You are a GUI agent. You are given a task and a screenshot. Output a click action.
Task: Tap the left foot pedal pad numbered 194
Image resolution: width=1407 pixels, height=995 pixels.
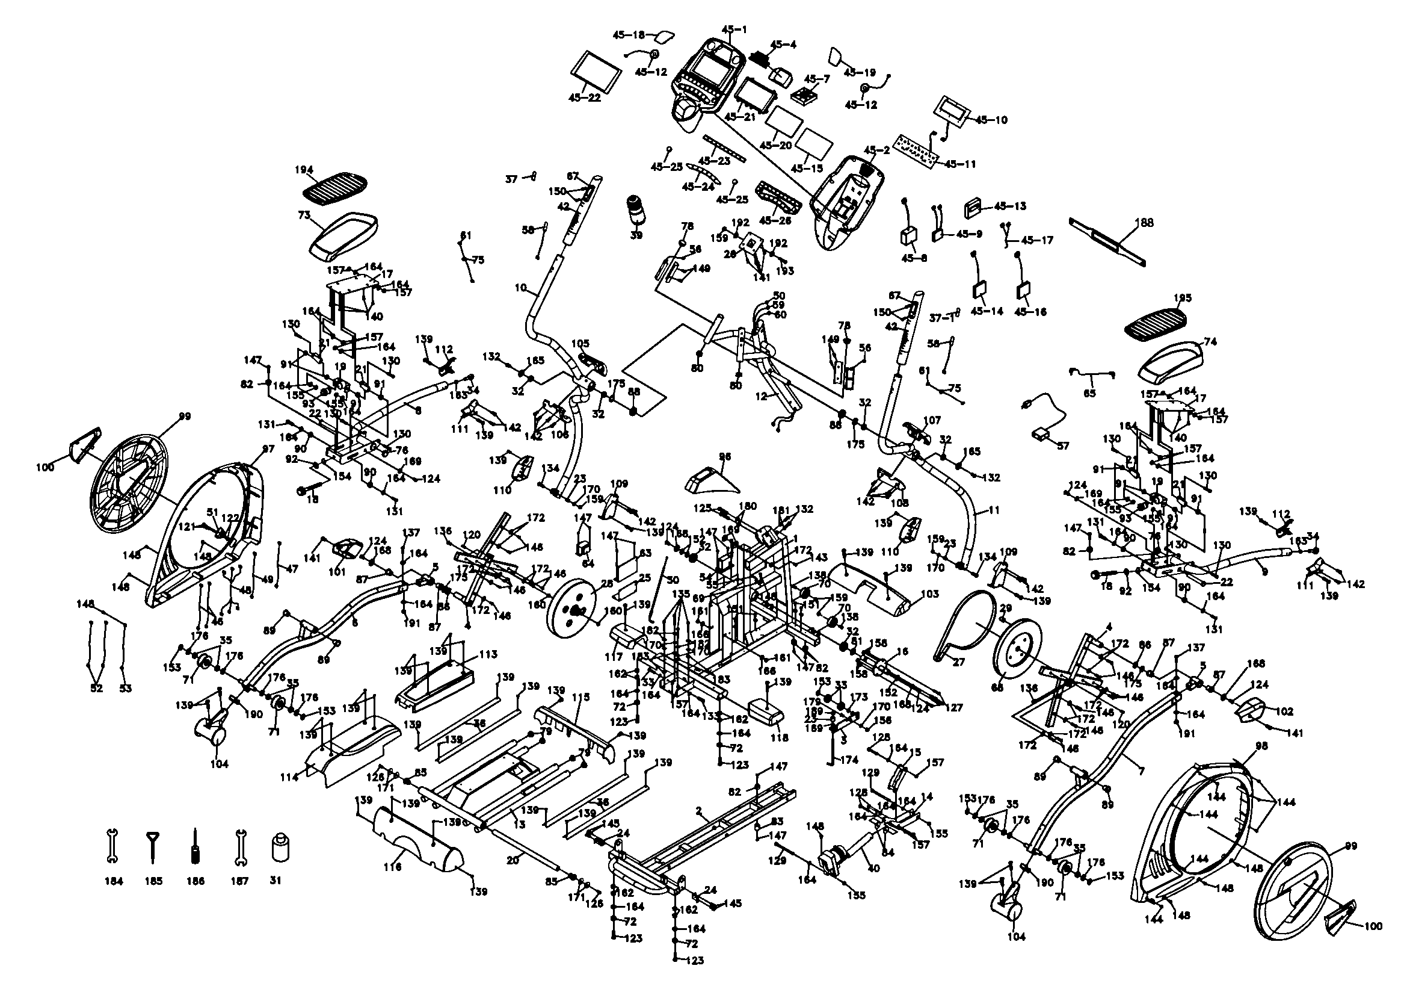click(335, 185)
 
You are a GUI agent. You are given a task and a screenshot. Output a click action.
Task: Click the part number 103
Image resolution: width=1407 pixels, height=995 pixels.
click(929, 594)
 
